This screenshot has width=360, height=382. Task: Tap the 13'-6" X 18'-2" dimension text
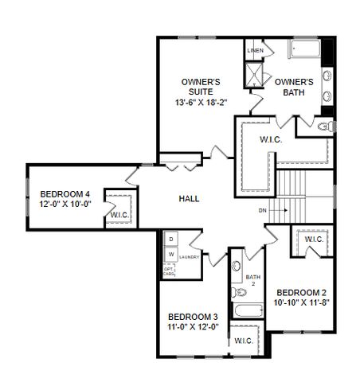pos(201,103)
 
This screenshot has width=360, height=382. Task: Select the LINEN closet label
pos(255,50)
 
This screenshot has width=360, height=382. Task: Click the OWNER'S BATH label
pos(295,86)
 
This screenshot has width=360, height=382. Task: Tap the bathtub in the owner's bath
pos(303,49)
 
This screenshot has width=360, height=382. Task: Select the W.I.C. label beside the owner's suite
pos(270,140)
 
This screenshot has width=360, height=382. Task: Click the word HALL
pos(189,198)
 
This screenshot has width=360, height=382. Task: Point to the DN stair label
pos(263,210)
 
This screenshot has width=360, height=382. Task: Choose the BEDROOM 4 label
pos(65,193)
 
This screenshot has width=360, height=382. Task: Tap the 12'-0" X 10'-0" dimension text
pos(65,205)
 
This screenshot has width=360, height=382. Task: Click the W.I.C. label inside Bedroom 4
pos(119,215)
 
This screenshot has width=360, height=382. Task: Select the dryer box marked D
pos(170,238)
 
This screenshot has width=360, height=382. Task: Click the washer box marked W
pos(170,254)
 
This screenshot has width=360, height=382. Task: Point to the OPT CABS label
pos(170,271)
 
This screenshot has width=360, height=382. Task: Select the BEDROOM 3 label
pos(193,316)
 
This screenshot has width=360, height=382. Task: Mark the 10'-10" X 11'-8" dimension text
pos(302,303)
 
